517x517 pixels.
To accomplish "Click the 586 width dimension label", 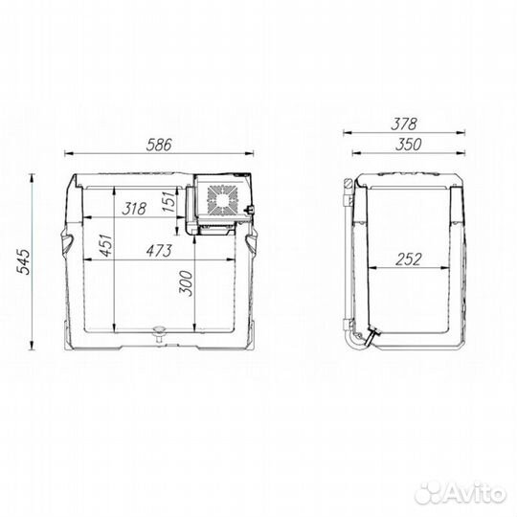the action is [x=159, y=145].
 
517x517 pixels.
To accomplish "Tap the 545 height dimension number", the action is [x=23, y=261].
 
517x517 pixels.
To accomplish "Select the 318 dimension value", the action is [x=134, y=209].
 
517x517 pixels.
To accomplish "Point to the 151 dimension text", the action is [x=169, y=201].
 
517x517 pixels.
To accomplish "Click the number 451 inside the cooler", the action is [x=106, y=245].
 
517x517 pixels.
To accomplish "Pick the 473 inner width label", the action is [x=159, y=251].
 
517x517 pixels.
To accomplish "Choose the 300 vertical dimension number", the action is [x=186, y=283].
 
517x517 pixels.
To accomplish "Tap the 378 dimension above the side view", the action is [x=404, y=124].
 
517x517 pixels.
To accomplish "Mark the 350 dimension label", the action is [x=408, y=145].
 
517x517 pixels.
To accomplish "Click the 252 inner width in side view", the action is [x=409, y=259].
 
